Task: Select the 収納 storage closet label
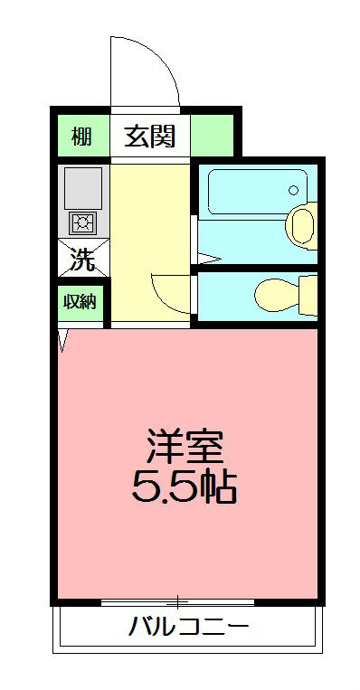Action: [80, 302]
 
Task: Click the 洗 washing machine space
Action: [82, 260]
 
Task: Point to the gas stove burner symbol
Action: [82, 222]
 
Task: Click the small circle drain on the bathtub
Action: [292, 190]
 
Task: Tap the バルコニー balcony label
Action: [187, 626]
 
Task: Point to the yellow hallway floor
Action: [149, 235]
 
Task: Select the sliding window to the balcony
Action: [177, 600]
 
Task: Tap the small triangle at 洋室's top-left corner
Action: [63, 339]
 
